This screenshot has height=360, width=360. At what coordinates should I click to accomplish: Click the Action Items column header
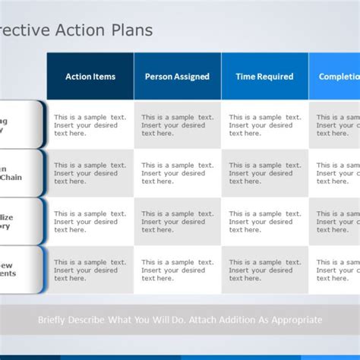(90, 76)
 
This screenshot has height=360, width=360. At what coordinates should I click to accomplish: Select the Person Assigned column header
(177, 76)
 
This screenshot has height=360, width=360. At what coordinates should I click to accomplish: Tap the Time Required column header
(264, 76)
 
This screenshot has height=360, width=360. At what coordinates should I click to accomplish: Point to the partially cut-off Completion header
(338, 76)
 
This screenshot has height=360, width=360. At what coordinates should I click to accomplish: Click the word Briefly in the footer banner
(55, 321)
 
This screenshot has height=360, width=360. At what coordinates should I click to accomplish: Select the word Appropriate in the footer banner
(293, 321)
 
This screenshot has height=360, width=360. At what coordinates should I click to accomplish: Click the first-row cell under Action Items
(90, 125)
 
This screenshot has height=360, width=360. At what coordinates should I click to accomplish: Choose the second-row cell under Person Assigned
(177, 173)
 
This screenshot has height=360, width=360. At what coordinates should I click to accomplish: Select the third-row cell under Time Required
(264, 222)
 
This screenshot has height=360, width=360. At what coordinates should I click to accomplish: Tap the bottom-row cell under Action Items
(90, 270)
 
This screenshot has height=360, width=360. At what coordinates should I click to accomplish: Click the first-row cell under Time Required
(264, 125)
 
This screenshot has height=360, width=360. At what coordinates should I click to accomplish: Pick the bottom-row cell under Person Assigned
(177, 270)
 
